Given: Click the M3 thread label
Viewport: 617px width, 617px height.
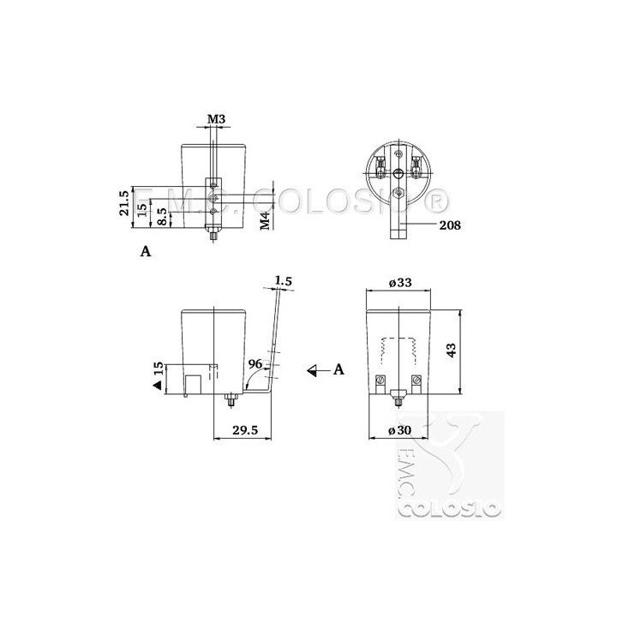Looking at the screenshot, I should point(216,118).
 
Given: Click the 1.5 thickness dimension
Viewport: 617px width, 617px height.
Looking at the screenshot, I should point(285,279).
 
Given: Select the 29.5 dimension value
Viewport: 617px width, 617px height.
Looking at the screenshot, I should point(246,432).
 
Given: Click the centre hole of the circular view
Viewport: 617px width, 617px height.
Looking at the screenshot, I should point(397,174).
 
